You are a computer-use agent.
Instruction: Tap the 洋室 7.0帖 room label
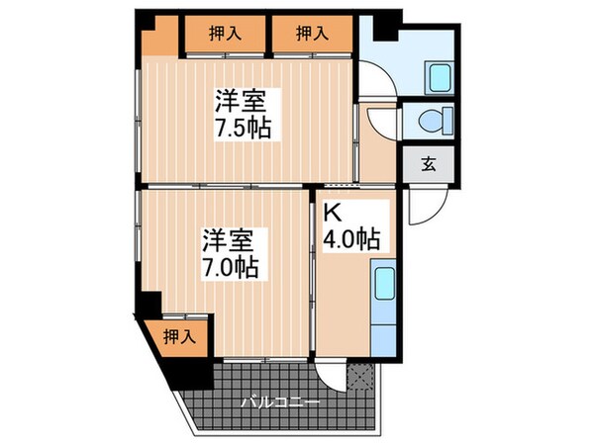(x=230, y=253)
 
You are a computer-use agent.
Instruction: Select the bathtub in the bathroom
(x=437, y=75)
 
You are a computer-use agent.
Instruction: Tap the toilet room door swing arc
(x=379, y=121)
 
